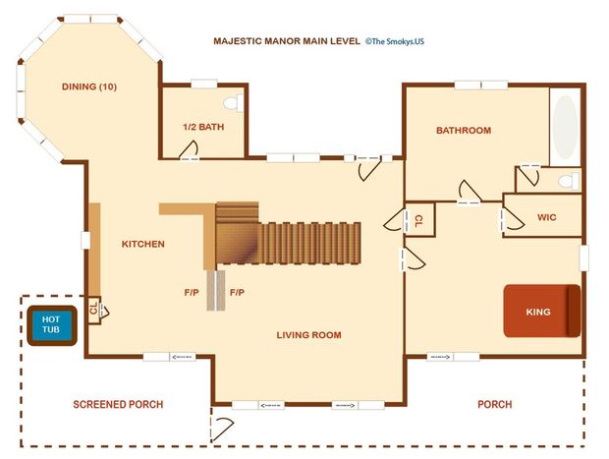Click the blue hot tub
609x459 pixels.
52,325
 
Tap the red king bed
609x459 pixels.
542,311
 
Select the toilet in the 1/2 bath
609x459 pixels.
233,103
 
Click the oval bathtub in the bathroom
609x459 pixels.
565,127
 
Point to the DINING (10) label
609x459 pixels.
89,86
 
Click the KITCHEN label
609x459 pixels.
143,244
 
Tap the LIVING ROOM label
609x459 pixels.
308,335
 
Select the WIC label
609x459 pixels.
546,217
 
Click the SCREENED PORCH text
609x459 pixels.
118,404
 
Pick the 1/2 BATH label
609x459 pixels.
203,127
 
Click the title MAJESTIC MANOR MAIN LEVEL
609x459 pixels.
287,41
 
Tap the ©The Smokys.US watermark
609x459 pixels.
394,41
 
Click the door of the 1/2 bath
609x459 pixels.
190,149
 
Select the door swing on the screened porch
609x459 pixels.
222,430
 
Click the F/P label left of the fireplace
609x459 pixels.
192,292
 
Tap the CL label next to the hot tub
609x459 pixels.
93,309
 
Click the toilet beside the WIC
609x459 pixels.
569,181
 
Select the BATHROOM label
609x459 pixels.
464,130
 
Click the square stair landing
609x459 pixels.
237,244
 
